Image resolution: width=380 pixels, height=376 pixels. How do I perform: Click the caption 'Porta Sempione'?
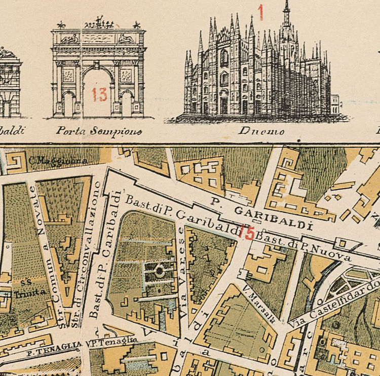(x=99, y=131)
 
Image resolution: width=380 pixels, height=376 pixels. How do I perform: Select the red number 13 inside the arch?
(x=99, y=94)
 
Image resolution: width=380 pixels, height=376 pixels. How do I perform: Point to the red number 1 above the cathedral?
(x=261, y=12)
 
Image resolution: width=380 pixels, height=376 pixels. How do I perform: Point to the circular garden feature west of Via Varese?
(x=160, y=271)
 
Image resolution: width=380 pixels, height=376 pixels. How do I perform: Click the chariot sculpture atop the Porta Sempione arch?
(x=99, y=23)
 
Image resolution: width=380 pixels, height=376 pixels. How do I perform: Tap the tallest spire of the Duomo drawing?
(x=287, y=10)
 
